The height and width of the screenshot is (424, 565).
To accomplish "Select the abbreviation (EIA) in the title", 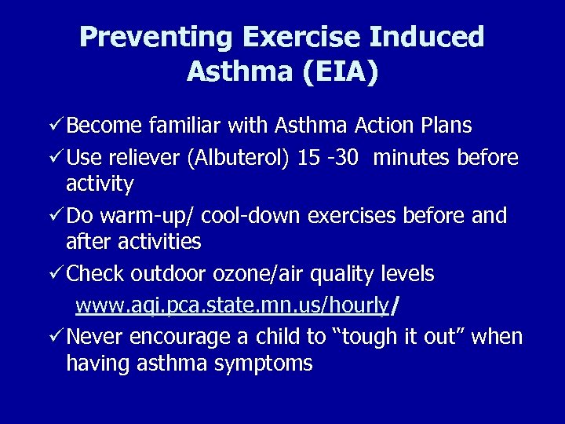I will click(340, 72).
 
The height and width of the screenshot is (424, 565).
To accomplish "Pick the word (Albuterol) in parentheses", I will click(239, 158).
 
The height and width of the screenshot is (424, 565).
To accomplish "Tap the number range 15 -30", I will click(329, 158).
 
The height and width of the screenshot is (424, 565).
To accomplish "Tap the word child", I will click(277, 336).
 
